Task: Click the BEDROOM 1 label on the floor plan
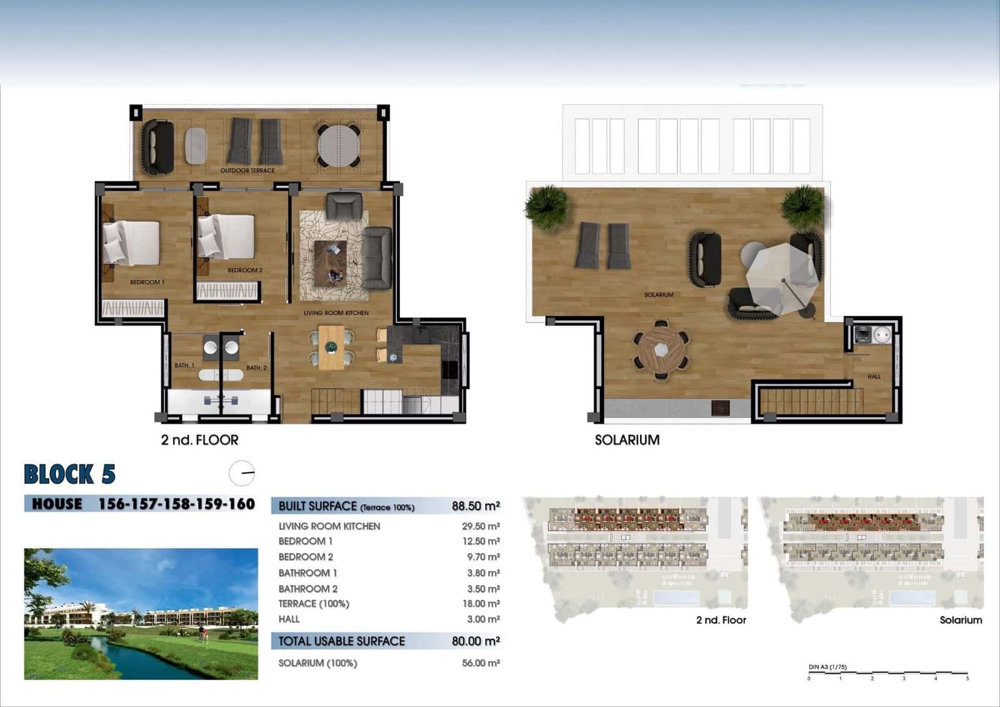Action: click(147, 283)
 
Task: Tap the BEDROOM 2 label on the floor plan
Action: click(245, 271)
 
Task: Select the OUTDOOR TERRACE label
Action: click(247, 171)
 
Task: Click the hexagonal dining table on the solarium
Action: click(661, 350)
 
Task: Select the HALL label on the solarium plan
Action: click(874, 377)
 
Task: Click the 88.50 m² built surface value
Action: click(476, 506)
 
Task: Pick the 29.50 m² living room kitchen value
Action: click(481, 526)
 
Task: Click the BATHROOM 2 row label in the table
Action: click(308, 589)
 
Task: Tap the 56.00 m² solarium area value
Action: click(481, 663)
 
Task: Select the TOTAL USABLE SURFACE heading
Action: click(341, 641)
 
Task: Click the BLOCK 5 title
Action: click(69, 474)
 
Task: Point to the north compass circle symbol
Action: click(242, 473)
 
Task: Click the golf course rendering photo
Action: click(141, 614)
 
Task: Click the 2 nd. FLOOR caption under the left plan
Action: click(199, 440)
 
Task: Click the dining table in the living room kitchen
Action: click(331, 348)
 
